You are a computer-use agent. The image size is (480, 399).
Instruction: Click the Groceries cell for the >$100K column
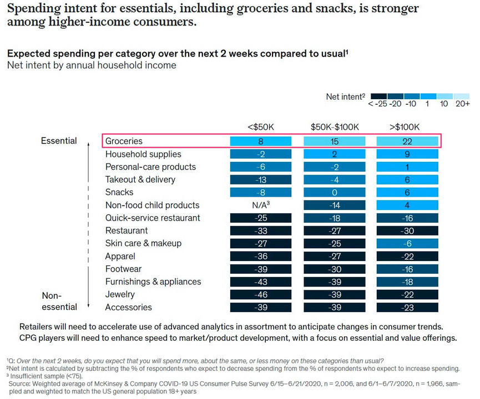[x=407, y=141]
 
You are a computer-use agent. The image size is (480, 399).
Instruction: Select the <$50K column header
[x=260, y=126]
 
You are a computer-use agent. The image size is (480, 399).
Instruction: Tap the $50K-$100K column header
[x=334, y=126]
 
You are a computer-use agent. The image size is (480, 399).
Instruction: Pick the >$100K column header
[x=407, y=126]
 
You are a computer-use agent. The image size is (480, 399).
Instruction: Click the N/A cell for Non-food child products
[x=260, y=206]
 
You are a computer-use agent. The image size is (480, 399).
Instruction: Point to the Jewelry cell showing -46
[x=260, y=295]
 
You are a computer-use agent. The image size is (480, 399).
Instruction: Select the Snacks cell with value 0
[x=334, y=193]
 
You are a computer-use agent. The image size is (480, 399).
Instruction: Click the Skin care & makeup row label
[x=143, y=243]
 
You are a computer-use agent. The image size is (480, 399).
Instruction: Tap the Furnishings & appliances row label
[x=153, y=282]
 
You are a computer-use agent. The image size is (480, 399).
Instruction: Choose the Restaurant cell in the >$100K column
[x=407, y=231]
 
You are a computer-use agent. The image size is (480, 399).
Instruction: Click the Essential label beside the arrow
[x=59, y=141]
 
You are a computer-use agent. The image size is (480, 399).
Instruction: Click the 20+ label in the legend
[x=462, y=104]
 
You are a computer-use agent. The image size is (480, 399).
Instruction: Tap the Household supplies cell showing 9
[x=407, y=155]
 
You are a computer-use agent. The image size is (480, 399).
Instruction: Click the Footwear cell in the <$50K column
[x=260, y=269]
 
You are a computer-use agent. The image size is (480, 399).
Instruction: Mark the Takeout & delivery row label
[x=140, y=180]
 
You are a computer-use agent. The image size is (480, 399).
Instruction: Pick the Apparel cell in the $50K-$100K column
[x=334, y=257]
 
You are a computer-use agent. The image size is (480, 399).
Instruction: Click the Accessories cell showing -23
[x=407, y=308]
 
